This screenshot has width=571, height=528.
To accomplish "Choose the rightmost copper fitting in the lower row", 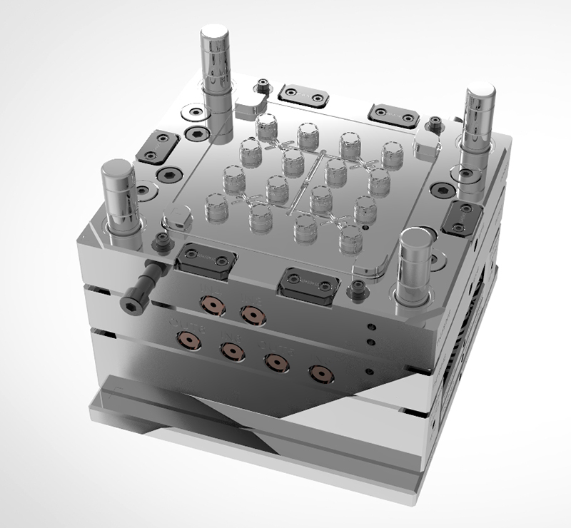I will (319, 372).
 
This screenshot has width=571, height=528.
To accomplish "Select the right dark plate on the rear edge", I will (390, 112).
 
